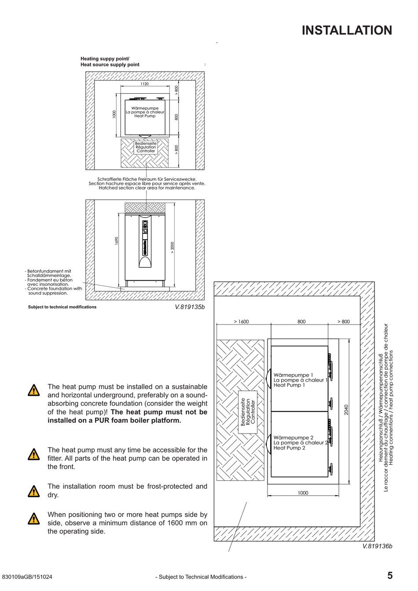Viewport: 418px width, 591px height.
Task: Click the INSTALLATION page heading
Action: pyautogui.click(x=347, y=30)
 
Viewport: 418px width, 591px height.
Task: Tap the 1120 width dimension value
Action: pyautogui.click(x=144, y=84)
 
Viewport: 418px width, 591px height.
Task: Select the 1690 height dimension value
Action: pyautogui.click(x=117, y=241)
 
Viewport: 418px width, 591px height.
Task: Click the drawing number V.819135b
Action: pyautogui.click(x=190, y=307)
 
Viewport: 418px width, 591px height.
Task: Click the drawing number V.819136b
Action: pyautogui.click(x=377, y=546)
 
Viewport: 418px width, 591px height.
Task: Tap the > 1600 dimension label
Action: pyautogui.click(x=241, y=321)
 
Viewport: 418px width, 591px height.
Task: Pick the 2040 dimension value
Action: pyautogui.click(x=346, y=410)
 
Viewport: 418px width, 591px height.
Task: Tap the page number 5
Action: pyautogui.click(x=390, y=576)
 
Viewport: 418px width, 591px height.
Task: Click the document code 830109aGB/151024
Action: pyautogui.click(x=27, y=577)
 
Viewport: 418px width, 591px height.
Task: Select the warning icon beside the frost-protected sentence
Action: pyautogui.click(x=33, y=491)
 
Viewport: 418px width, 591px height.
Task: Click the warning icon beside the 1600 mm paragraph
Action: pyautogui.click(x=33, y=519)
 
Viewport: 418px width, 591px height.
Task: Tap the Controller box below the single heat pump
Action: pyautogui.click(x=146, y=147)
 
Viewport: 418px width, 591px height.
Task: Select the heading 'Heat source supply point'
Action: pyautogui.click(x=110, y=65)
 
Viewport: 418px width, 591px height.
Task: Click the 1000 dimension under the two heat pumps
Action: pyautogui.click(x=303, y=493)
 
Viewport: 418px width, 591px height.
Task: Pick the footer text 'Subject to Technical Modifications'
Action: pyautogui.click(x=201, y=577)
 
